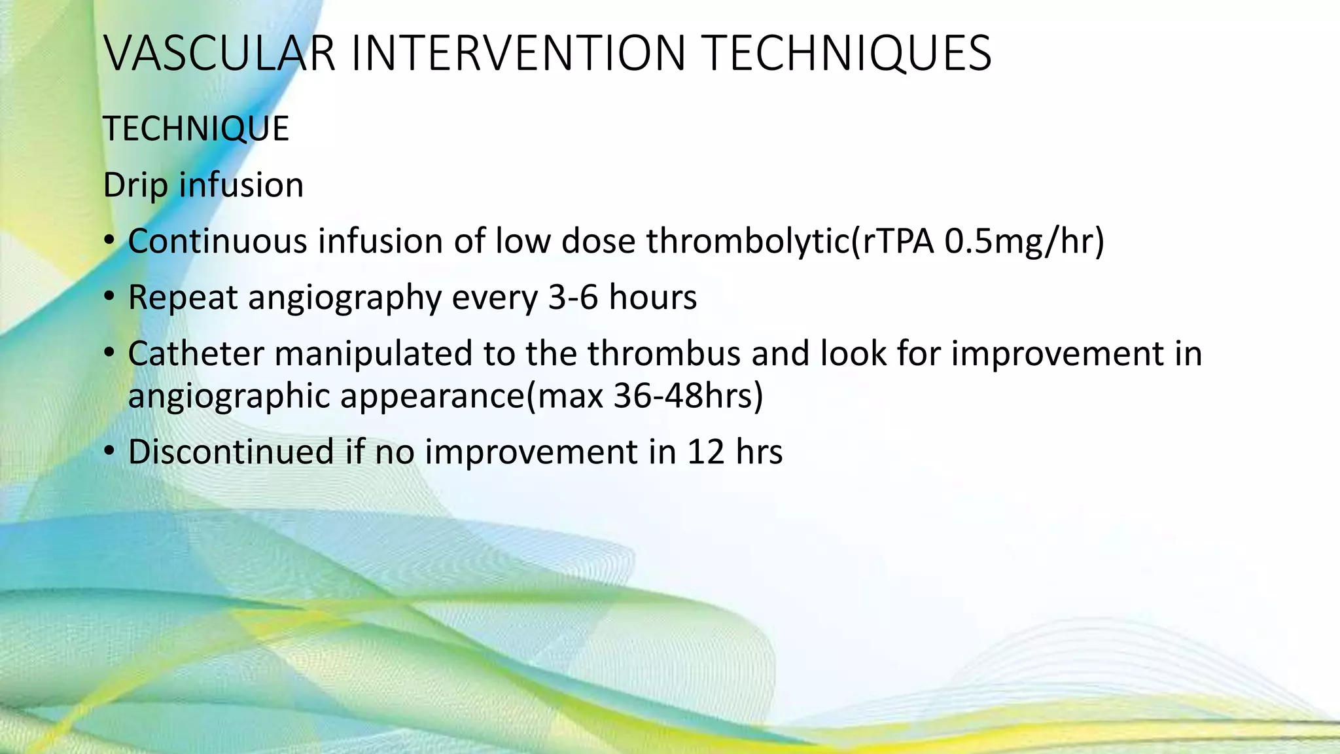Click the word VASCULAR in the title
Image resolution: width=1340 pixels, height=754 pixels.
tap(220, 54)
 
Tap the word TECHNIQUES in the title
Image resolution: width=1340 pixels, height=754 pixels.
tap(847, 54)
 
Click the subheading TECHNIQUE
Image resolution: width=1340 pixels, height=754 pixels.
tap(196, 129)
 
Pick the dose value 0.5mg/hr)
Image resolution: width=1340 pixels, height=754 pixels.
tap(1025, 241)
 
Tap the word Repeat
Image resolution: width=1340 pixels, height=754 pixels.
tap(183, 298)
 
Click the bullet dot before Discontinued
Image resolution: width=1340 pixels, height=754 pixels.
tap(109, 452)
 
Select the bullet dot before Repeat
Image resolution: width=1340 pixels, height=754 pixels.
tap(109, 298)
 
